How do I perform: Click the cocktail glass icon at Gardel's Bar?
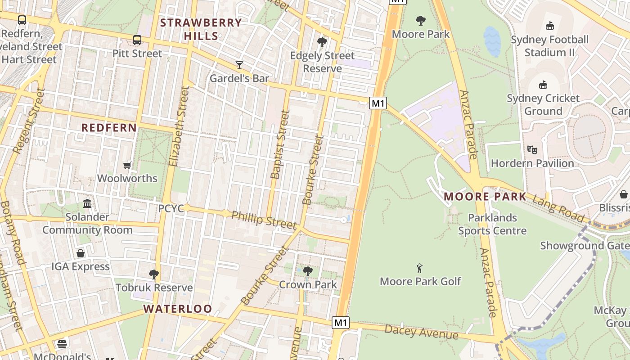click(x=239, y=65)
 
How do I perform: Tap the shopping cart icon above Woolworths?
click(x=127, y=166)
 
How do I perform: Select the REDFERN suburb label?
click(x=109, y=128)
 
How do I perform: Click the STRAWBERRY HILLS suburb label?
click(x=201, y=29)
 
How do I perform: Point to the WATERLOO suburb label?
click(x=178, y=309)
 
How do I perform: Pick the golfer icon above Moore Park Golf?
click(x=420, y=269)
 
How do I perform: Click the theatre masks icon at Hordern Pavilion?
click(x=532, y=150)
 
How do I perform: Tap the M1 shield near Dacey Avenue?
click(x=341, y=322)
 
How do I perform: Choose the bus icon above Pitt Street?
click(x=137, y=40)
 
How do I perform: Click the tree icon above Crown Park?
click(x=308, y=271)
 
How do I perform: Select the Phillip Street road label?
click(x=264, y=220)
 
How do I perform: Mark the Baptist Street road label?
click(x=279, y=144)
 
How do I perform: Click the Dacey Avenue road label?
click(x=421, y=332)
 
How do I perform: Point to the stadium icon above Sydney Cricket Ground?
click(x=543, y=85)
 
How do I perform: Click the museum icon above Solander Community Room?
click(x=87, y=204)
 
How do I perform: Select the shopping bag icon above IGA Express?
click(x=81, y=253)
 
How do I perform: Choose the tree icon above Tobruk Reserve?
click(x=154, y=274)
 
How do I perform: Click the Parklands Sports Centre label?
click(x=492, y=224)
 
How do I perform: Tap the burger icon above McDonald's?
click(x=62, y=344)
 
